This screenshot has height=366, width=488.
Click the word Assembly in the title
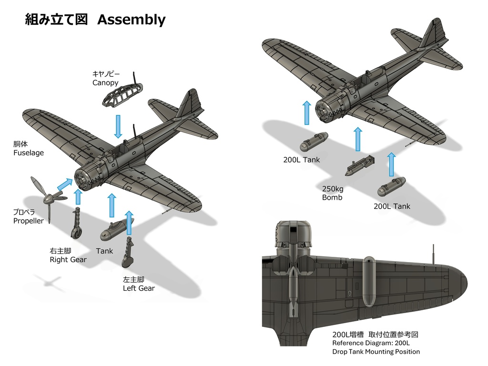(131, 20)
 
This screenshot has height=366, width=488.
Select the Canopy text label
(105, 83)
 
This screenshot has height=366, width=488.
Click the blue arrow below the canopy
(118, 126)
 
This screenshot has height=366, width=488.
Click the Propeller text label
(29, 221)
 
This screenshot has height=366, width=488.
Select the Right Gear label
(68, 260)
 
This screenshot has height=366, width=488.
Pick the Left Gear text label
(139, 288)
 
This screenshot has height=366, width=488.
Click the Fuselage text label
(29, 153)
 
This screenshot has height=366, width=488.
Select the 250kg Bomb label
(333, 193)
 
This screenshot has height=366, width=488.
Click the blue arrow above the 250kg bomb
(357, 139)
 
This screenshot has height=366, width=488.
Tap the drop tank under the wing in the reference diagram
(368, 281)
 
